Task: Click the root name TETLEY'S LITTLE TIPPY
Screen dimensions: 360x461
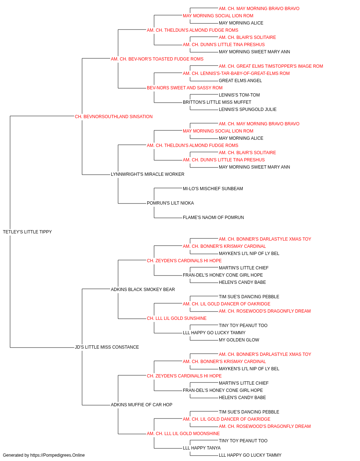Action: coord(27,232)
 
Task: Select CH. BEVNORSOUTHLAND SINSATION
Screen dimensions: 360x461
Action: coord(114,117)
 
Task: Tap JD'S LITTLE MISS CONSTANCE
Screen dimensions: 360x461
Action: coord(107,347)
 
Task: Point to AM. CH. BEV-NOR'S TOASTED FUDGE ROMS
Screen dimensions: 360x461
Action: coord(157,59)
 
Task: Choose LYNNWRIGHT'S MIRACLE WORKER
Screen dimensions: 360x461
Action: coord(148,174)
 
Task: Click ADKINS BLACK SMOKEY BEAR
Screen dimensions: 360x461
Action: coord(143,289)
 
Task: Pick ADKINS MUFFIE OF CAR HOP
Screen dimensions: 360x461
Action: coord(141,404)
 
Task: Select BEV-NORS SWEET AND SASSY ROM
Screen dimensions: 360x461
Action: coord(185,88)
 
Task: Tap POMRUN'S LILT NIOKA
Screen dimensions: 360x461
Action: coord(170,203)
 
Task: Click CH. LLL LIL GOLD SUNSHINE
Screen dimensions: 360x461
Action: coord(177,318)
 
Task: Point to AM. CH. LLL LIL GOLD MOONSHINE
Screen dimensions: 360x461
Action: coord(183,433)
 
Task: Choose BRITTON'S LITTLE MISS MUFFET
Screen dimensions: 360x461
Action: coord(217,102)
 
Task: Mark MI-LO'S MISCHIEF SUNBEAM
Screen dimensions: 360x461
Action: coord(213,189)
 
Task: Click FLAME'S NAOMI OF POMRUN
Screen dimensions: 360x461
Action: coord(213,218)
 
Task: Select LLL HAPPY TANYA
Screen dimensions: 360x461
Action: coord(202,448)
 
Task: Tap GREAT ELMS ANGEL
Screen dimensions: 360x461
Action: coord(240,81)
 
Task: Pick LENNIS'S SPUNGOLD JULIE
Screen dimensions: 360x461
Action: coord(248,109)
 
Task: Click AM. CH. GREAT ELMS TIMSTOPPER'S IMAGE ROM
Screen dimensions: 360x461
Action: coord(271,66)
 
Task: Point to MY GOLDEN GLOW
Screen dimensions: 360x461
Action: coord(239,340)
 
